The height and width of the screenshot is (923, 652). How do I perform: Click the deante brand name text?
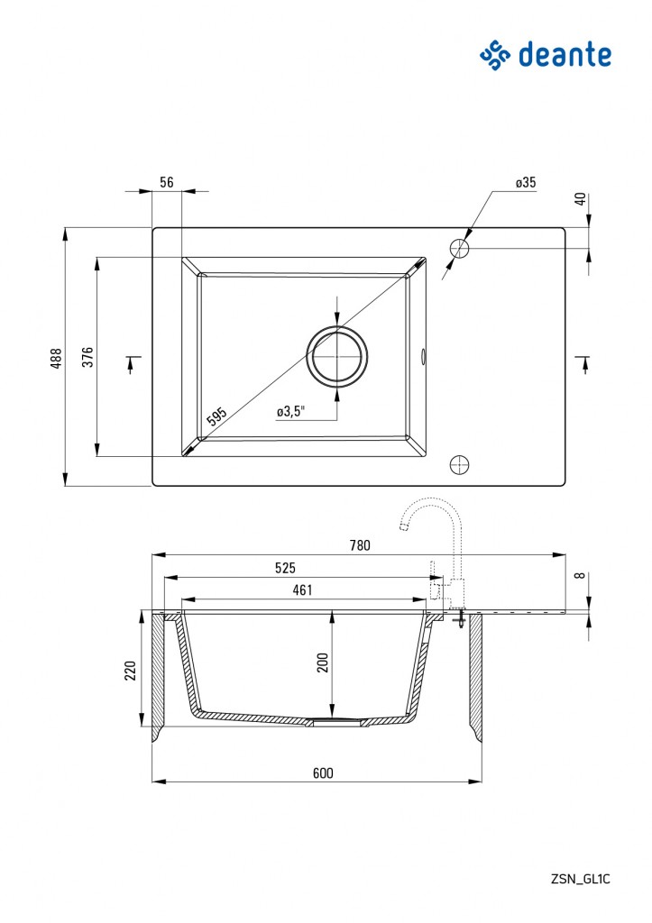[565, 55]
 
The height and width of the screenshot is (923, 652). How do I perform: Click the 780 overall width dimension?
[360, 545]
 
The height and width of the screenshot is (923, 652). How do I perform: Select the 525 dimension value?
[285, 568]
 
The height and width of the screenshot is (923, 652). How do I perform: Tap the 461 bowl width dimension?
[302, 589]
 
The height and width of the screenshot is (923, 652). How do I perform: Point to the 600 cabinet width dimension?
[323, 772]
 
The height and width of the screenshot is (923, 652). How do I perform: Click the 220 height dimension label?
[130, 671]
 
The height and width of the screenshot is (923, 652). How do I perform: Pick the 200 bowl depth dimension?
[323, 663]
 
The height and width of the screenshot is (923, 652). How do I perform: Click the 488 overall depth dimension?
[56, 358]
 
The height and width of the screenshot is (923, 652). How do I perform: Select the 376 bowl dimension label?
[87, 357]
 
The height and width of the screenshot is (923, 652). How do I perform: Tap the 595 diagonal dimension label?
[216, 416]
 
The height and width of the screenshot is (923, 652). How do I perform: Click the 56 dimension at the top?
[167, 182]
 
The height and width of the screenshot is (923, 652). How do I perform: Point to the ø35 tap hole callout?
[526, 182]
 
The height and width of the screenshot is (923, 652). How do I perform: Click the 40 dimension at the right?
[582, 199]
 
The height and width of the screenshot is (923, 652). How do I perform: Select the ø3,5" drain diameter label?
[291, 411]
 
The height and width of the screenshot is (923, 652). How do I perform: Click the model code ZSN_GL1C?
[581, 880]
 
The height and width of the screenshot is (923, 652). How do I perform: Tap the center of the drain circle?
[337, 357]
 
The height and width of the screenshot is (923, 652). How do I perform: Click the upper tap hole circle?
[459, 249]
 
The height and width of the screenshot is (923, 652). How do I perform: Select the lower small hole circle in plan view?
[459, 464]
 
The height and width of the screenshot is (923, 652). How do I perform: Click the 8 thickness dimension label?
[582, 575]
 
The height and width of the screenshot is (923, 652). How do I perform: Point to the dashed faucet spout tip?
[403, 525]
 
